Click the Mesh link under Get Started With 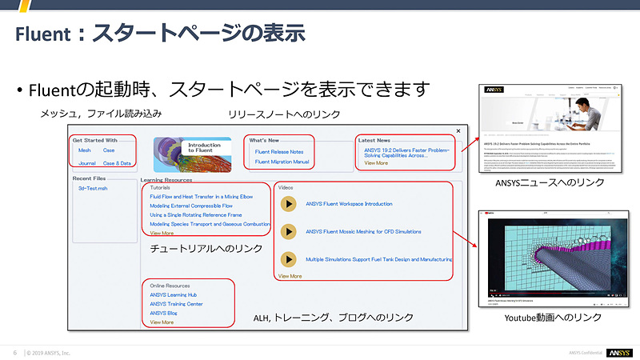click(84, 150)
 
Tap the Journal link click(87, 162)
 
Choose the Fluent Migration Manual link click(282, 162)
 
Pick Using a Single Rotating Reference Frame click(196, 214)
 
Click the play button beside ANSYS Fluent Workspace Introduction click(289, 204)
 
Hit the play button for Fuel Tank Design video click(289, 259)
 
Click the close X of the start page click(458, 130)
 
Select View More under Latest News click(376, 162)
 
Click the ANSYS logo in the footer click(618, 353)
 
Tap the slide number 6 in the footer click(14, 353)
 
